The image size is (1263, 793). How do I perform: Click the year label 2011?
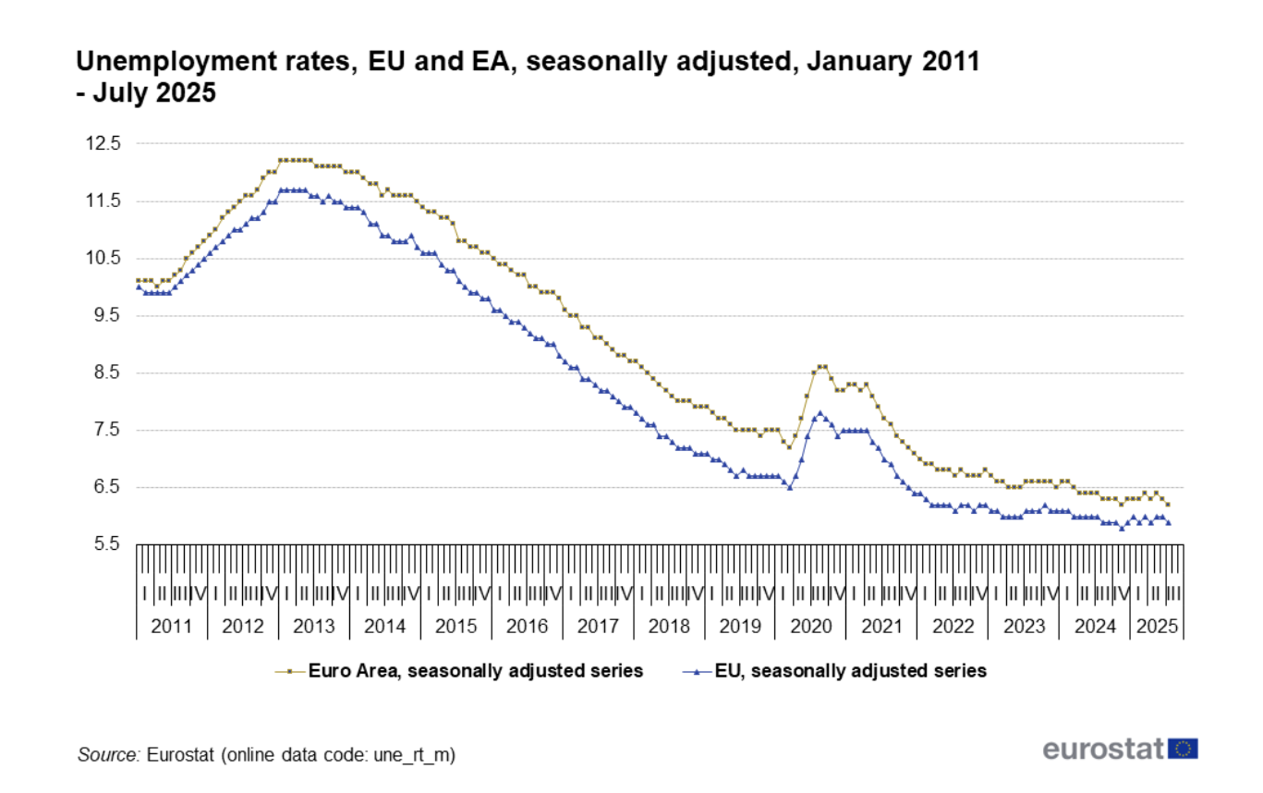tap(172, 627)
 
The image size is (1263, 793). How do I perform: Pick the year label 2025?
tap(1157, 627)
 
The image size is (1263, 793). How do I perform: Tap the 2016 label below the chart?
tap(527, 627)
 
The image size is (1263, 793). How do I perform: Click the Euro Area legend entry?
tap(475, 671)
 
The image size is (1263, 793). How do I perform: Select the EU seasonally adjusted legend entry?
tap(850, 671)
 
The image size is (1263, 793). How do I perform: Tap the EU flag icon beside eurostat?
tap(1184, 749)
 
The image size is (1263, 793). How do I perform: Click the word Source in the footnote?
tap(107, 755)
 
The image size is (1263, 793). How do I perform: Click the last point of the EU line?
tap(1169, 522)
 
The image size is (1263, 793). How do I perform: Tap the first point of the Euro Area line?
tap(139, 280)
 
